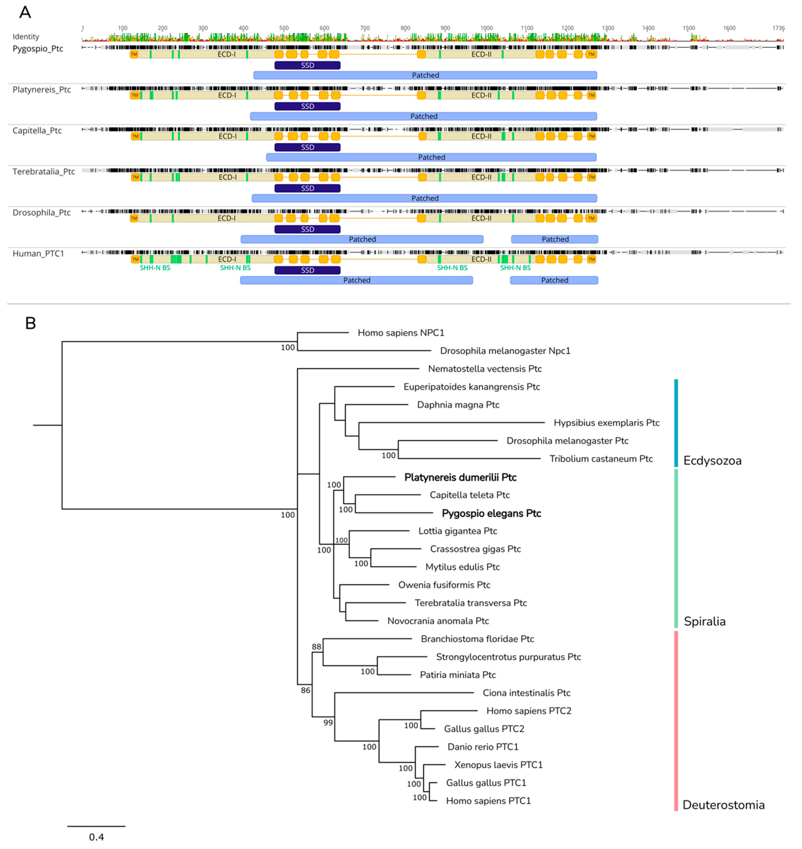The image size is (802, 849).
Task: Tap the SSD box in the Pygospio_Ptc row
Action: point(307,65)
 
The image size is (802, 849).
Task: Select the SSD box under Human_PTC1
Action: point(307,270)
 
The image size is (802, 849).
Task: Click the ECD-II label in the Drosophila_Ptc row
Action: point(481,218)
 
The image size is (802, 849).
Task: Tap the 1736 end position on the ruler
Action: point(778,28)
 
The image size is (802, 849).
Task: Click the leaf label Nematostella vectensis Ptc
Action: point(485,369)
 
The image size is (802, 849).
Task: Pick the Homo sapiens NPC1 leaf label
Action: point(401,333)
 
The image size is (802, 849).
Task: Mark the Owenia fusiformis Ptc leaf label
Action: point(444,585)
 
